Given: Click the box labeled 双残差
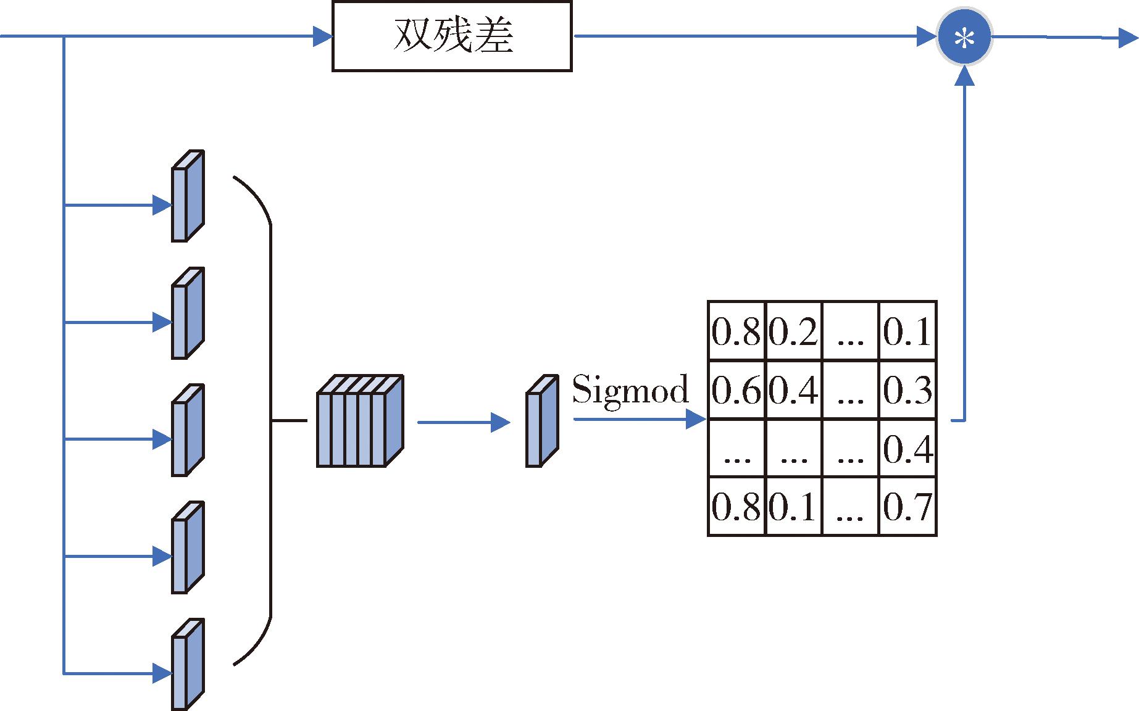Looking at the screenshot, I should [452, 36].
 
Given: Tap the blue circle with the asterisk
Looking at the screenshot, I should [964, 38].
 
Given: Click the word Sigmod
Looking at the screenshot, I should [630, 390].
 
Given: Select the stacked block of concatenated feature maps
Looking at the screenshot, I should [359, 421].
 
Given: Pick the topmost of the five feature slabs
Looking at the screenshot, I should [188, 196].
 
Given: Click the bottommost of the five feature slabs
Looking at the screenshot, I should [188, 664].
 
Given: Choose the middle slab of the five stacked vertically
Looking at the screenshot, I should [188, 430].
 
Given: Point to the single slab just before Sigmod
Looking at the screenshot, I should [541, 421].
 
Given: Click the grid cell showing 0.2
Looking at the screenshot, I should [793, 331].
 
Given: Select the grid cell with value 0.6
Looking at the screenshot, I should [736, 390].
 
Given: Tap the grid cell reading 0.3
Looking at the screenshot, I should [907, 390].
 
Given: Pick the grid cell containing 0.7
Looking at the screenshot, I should [907, 507].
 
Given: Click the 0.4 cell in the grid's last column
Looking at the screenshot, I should [907, 449].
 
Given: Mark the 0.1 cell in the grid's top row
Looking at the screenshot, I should [907, 331].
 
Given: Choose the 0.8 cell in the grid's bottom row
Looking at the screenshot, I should [736, 507].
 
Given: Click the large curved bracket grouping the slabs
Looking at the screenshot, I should [270, 421].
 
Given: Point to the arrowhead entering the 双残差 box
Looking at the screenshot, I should [323, 37].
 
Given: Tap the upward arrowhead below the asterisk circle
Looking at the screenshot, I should [964, 78].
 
